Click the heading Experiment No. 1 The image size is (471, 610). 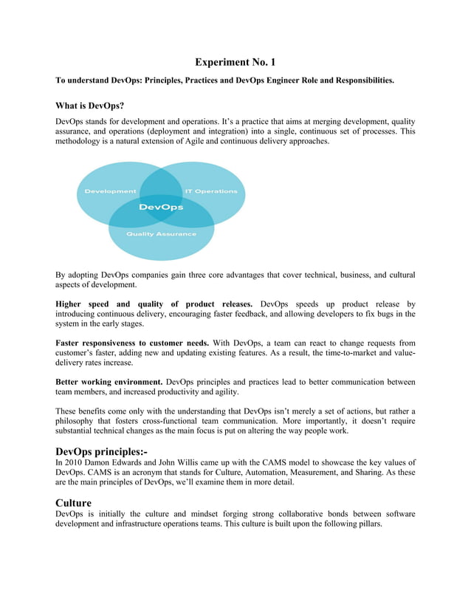point(235,62)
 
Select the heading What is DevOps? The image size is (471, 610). point(89,106)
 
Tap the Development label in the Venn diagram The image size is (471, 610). point(110,191)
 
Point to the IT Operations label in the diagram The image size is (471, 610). point(206,191)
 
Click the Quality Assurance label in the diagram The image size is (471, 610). point(161,234)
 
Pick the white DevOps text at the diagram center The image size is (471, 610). point(161,208)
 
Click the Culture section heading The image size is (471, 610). point(74,502)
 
